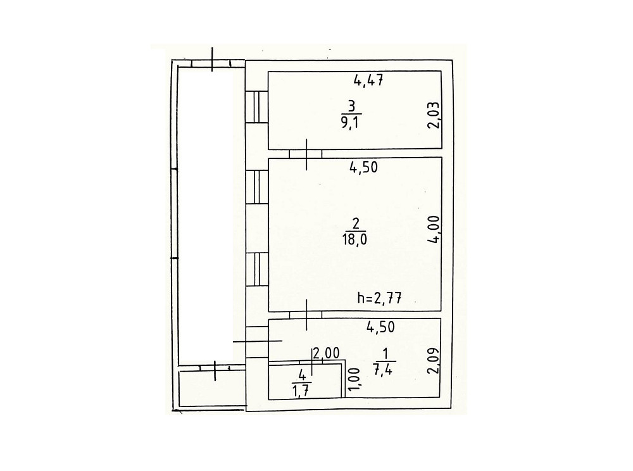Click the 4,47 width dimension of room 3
coord(368,80)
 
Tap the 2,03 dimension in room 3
coord(433,115)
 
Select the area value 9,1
coord(351,122)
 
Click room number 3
coord(351,106)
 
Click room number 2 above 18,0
coord(355,223)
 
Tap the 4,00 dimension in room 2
coord(434,229)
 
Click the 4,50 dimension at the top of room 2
coord(363,166)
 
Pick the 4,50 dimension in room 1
coord(380,327)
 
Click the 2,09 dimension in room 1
coord(433,361)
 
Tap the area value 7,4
coord(384,370)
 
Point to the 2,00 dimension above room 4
coord(326,353)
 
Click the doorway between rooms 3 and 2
coord(306,153)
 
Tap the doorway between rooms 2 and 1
coord(306,315)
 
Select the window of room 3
coord(257,106)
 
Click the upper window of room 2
coord(257,187)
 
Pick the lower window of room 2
coord(257,270)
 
